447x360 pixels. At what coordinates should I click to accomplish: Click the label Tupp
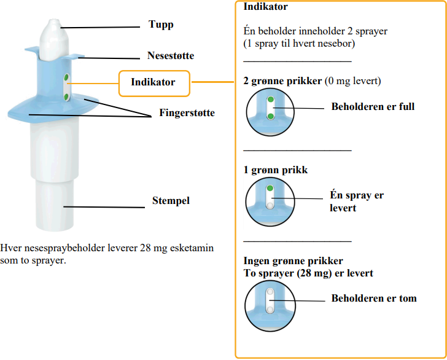161,25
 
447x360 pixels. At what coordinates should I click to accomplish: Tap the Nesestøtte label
171,56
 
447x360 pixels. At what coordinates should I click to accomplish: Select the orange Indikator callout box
153,82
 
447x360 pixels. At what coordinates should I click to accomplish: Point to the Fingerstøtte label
187,113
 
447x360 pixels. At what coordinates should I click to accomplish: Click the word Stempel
171,201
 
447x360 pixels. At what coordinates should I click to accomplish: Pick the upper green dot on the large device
66,79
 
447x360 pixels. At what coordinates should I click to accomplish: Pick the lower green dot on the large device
66,97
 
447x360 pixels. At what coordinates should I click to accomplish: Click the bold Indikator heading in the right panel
266,7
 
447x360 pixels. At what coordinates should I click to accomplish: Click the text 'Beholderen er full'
373,106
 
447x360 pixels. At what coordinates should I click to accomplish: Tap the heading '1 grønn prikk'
276,170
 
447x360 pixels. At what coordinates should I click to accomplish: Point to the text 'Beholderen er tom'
374,299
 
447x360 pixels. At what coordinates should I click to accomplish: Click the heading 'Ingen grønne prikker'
293,261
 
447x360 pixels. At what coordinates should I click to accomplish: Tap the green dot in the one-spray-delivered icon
269,187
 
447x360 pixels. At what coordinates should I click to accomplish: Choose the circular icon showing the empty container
269,302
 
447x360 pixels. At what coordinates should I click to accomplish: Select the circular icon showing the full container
269,109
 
